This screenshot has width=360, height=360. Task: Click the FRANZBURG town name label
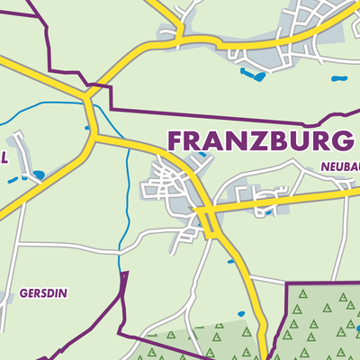[x=259, y=142]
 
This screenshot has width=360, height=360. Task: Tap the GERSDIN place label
[x=42, y=293]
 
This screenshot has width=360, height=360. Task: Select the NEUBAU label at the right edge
[x=338, y=166]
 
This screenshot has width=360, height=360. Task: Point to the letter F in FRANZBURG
[x=175, y=142]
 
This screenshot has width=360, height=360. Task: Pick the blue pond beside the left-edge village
[x=37, y=174]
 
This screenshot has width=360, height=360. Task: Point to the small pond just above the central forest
[x=239, y=313]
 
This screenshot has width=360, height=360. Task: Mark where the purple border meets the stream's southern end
[x=121, y=275]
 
